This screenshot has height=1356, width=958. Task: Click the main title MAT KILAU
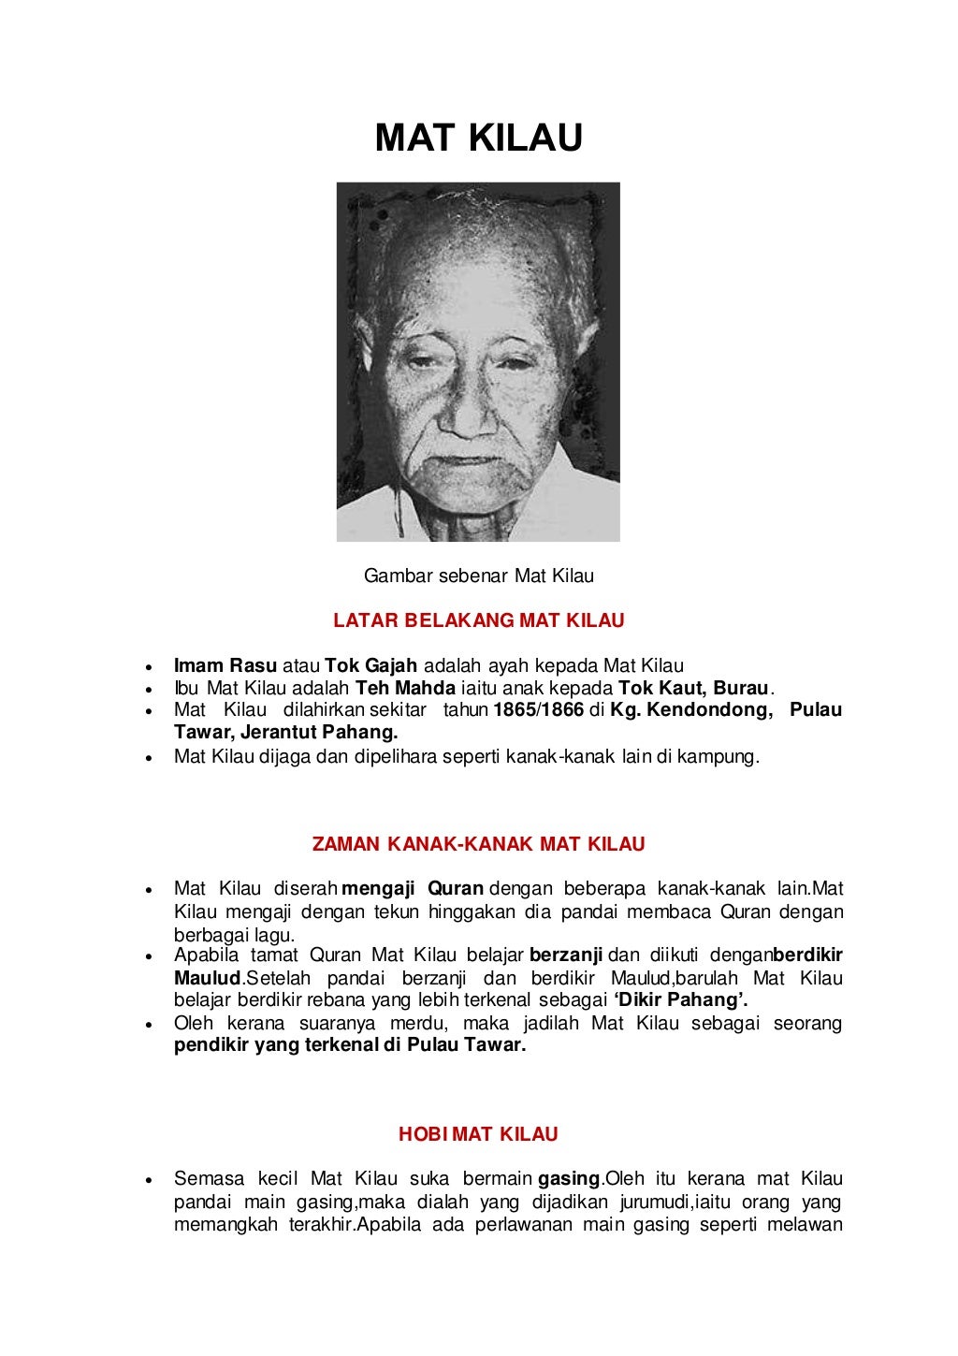[x=478, y=139]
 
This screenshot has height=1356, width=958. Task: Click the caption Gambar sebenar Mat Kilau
[x=478, y=576]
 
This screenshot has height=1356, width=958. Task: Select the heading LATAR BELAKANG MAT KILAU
[x=478, y=620]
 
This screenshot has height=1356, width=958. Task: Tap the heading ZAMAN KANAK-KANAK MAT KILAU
[x=478, y=844]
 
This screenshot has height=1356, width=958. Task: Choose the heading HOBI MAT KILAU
[x=478, y=1135]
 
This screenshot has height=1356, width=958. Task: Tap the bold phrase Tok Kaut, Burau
[x=693, y=688]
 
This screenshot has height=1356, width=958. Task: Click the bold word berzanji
[x=568, y=955]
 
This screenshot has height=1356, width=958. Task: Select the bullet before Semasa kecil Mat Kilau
[x=147, y=1179]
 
